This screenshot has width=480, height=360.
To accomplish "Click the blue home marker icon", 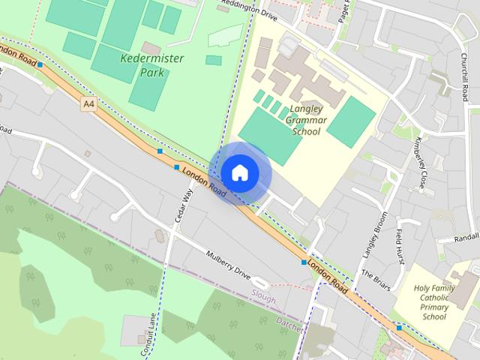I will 239,172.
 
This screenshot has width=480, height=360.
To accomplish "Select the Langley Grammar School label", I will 305,120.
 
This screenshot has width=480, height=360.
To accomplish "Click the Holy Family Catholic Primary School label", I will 435,301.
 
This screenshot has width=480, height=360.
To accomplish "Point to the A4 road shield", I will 89,105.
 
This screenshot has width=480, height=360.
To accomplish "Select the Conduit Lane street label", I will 148,333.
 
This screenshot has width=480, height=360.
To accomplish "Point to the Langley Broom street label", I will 373,233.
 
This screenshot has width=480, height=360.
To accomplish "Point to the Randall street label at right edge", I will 466,238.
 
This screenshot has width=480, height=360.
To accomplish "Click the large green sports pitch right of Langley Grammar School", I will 351,121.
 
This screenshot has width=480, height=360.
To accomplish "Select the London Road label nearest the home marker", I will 202,182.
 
